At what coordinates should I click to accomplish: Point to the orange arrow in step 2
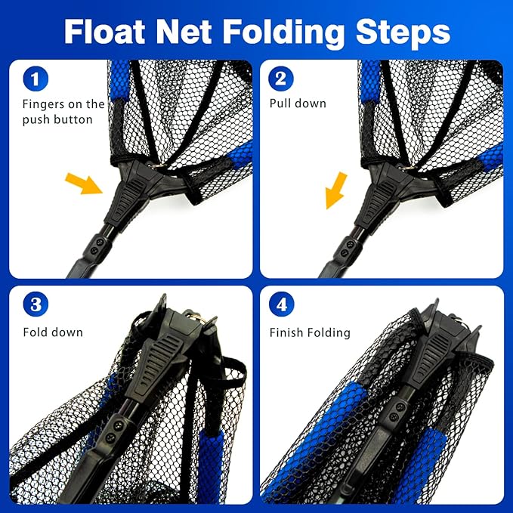pos(335,190)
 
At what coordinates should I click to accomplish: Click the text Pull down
pos(298,104)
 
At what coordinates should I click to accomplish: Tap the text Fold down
pos(53,332)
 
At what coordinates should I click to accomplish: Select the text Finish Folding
pos(310,332)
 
